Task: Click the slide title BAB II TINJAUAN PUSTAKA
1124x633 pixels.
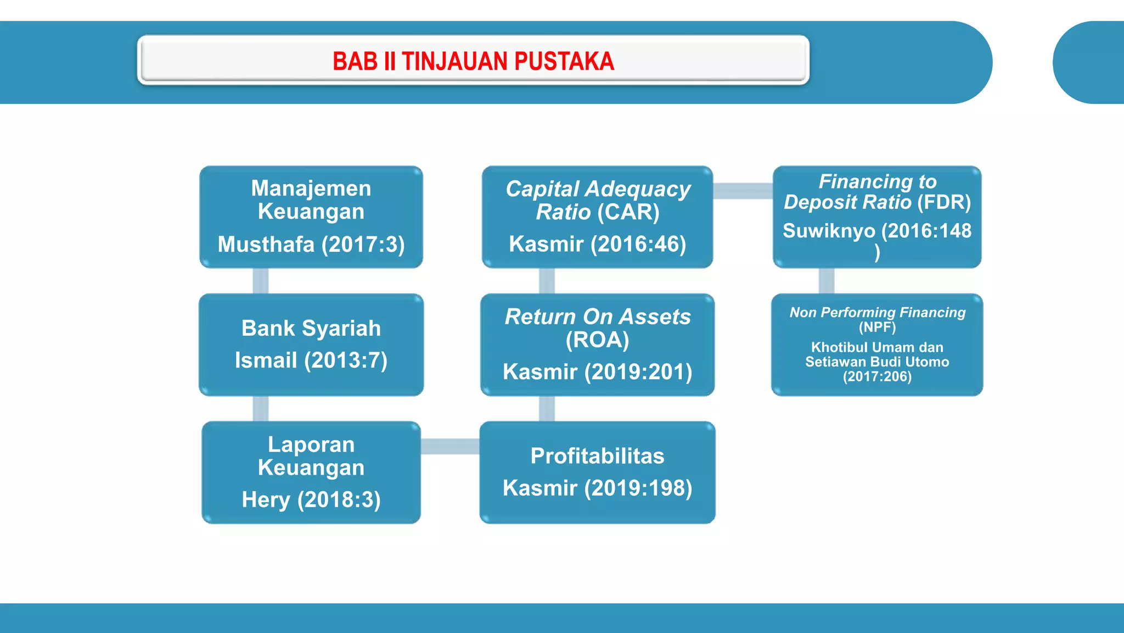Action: coord(473,61)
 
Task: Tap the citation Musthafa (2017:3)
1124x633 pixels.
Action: coord(311,245)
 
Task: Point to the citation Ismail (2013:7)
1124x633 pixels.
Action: coord(311,360)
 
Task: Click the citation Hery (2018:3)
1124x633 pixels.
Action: coord(311,500)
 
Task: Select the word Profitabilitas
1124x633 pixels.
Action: coord(597,456)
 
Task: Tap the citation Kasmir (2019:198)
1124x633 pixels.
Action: coord(597,488)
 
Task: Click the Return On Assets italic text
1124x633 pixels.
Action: coord(597,317)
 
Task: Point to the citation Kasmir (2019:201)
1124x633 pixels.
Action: coord(597,372)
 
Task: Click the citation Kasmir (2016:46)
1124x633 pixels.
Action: coord(597,245)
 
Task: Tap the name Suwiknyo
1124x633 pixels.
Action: coord(829,231)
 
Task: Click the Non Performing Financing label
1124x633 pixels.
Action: coord(877,313)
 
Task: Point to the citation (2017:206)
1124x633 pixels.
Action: coord(877,377)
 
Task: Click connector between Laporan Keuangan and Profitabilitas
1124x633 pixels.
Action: coord(450,446)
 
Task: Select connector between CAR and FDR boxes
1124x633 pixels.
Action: coord(743,191)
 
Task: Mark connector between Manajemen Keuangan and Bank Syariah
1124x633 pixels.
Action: coord(261,281)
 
